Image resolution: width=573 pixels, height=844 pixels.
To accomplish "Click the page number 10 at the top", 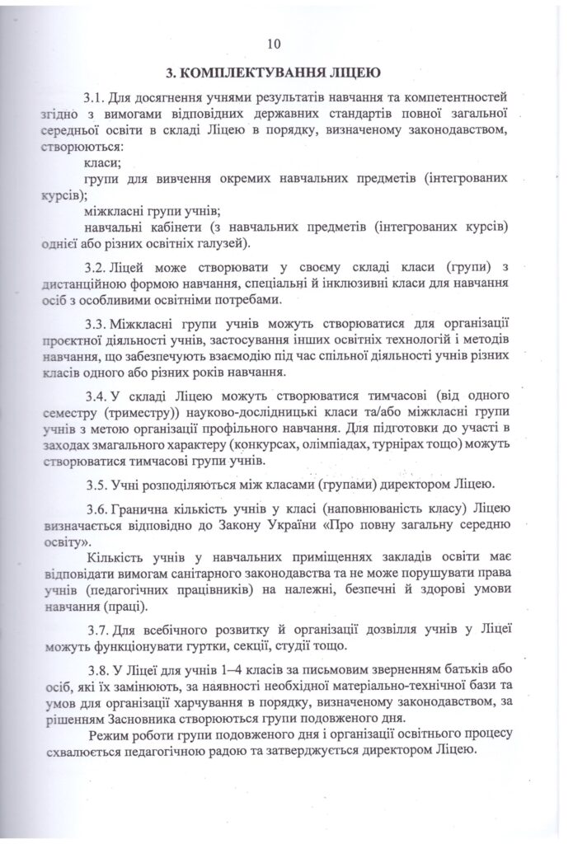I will [275, 44].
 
